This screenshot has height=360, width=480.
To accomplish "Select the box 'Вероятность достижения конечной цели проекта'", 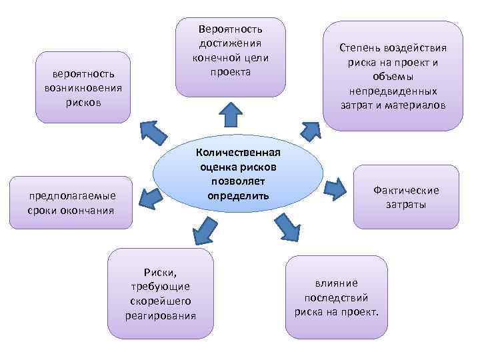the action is (x=229, y=57).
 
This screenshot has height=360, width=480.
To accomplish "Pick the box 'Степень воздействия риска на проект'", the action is (x=393, y=75).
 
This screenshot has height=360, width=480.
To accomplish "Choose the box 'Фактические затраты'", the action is (x=406, y=197).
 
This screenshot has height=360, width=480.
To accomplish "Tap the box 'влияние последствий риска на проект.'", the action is (x=336, y=296).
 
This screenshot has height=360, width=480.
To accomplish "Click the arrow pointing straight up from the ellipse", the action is (x=231, y=114).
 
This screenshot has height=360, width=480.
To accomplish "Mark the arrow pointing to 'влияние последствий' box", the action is (x=287, y=228).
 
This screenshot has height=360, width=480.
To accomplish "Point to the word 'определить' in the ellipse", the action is (x=239, y=196).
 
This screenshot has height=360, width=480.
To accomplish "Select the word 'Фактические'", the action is (x=406, y=191).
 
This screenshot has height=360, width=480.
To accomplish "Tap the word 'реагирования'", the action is (x=161, y=315).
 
